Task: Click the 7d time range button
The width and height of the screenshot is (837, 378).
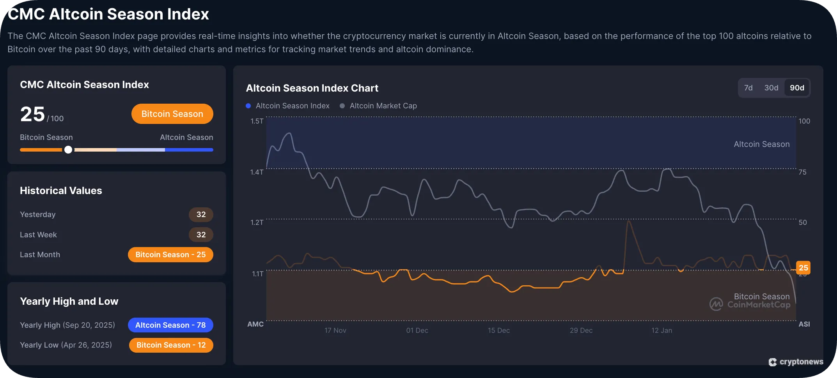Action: click(x=748, y=88)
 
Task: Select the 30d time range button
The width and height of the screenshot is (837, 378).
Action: click(x=771, y=88)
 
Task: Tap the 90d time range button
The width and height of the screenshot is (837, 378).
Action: click(x=797, y=88)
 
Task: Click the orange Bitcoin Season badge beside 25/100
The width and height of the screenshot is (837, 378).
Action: click(x=172, y=114)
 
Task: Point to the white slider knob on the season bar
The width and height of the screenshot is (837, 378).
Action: click(x=68, y=150)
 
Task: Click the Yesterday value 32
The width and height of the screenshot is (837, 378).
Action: click(x=201, y=214)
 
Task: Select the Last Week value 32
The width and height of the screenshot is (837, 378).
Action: click(x=201, y=235)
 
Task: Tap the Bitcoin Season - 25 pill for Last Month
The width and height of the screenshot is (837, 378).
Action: click(x=170, y=254)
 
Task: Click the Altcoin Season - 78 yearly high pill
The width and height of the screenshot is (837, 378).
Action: click(x=170, y=325)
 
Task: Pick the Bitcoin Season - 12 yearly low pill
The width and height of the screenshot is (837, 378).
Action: click(x=171, y=345)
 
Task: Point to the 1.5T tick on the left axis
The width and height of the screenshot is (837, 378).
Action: click(x=257, y=121)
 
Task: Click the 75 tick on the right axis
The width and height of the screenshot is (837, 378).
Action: click(x=802, y=172)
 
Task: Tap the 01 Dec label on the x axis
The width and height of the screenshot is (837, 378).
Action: click(x=417, y=330)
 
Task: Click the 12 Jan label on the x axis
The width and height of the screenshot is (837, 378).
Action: click(x=661, y=330)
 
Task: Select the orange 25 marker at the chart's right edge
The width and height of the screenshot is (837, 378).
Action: click(x=803, y=268)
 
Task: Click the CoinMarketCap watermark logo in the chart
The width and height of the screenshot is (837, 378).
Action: click(x=716, y=304)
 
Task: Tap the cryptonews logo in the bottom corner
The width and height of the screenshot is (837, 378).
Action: click(x=796, y=362)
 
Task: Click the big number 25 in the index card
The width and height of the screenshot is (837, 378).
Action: click(x=32, y=114)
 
